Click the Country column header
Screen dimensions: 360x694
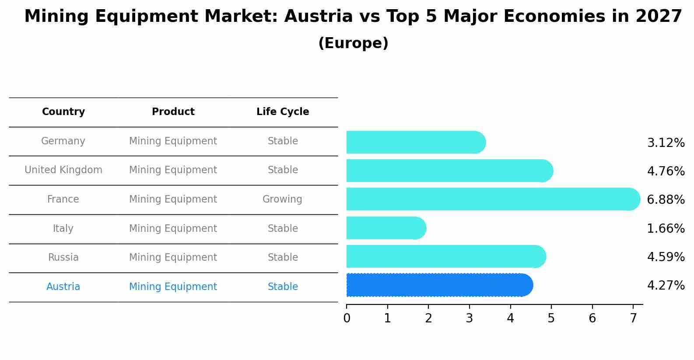(x=63, y=112)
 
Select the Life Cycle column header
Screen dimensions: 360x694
(x=283, y=112)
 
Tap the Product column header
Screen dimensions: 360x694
(x=173, y=112)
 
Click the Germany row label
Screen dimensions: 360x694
(x=63, y=141)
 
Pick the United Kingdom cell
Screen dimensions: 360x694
(x=63, y=170)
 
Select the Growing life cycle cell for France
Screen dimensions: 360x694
(x=282, y=199)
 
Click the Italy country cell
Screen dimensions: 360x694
(x=63, y=229)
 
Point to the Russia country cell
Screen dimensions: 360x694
(x=63, y=258)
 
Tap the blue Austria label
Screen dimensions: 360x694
(x=63, y=287)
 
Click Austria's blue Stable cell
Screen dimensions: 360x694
(x=283, y=287)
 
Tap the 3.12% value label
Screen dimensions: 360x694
(x=666, y=143)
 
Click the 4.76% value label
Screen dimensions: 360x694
(x=666, y=171)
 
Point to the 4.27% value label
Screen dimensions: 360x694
(x=666, y=286)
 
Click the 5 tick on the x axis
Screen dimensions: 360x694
(x=551, y=318)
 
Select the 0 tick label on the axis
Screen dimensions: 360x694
(x=347, y=318)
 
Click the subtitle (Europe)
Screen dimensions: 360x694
(x=353, y=43)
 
